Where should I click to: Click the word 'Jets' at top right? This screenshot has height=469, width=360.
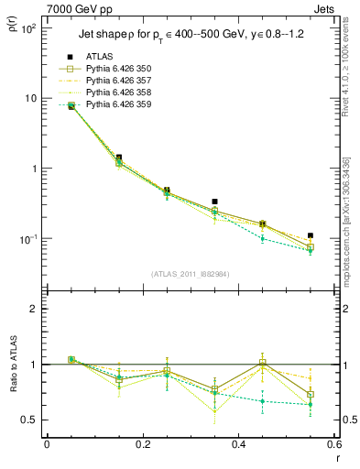tap(327, 8)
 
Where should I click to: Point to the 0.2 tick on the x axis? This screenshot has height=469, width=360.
tap(142, 444)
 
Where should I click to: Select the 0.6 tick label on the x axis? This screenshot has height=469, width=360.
tap(333, 444)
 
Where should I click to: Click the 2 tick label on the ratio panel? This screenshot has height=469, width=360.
tap(34, 309)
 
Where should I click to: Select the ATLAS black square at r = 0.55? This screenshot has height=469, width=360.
tap(311, 235)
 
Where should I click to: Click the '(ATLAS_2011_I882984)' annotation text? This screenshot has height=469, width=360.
tap(190, 274)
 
